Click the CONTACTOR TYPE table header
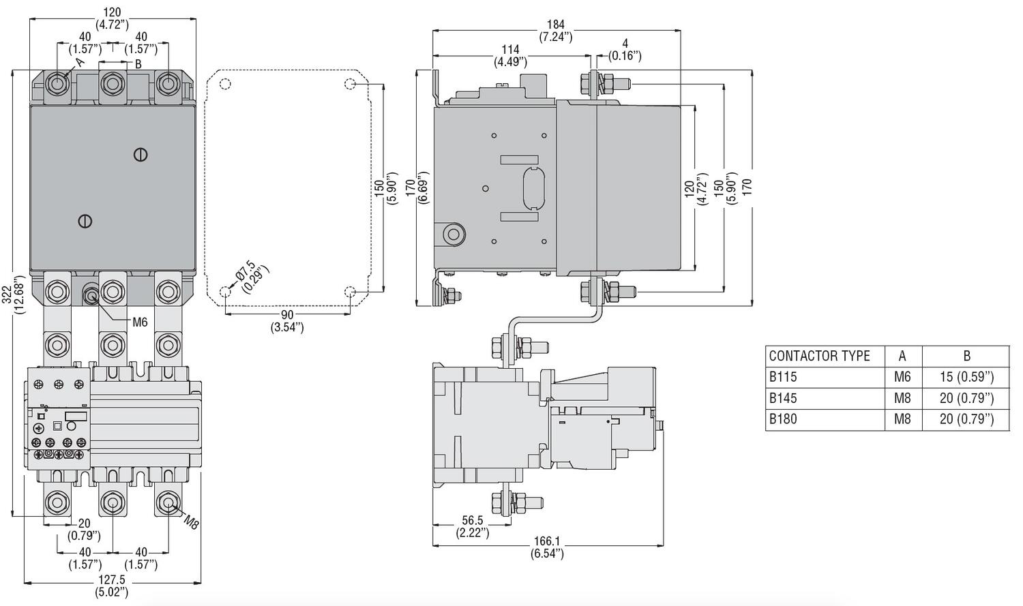(819, 356)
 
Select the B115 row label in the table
(783, 377)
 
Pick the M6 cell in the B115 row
(902, 377)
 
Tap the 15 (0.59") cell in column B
(967, 377)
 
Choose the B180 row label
(783, 419)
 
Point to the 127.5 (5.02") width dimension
(112, 586)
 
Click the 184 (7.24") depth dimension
(556, 31)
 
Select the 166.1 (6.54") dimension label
(547, 547)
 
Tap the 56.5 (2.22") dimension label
(472, 527)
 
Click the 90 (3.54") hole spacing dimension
(287, 321)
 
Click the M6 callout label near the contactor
(140, 322)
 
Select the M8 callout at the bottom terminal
(192, 521)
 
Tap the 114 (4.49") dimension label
(510, 56)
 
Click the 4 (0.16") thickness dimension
(625, 49)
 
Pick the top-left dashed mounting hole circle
(224, 84)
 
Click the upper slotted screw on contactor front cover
(140, 155)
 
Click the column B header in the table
(966, 356)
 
